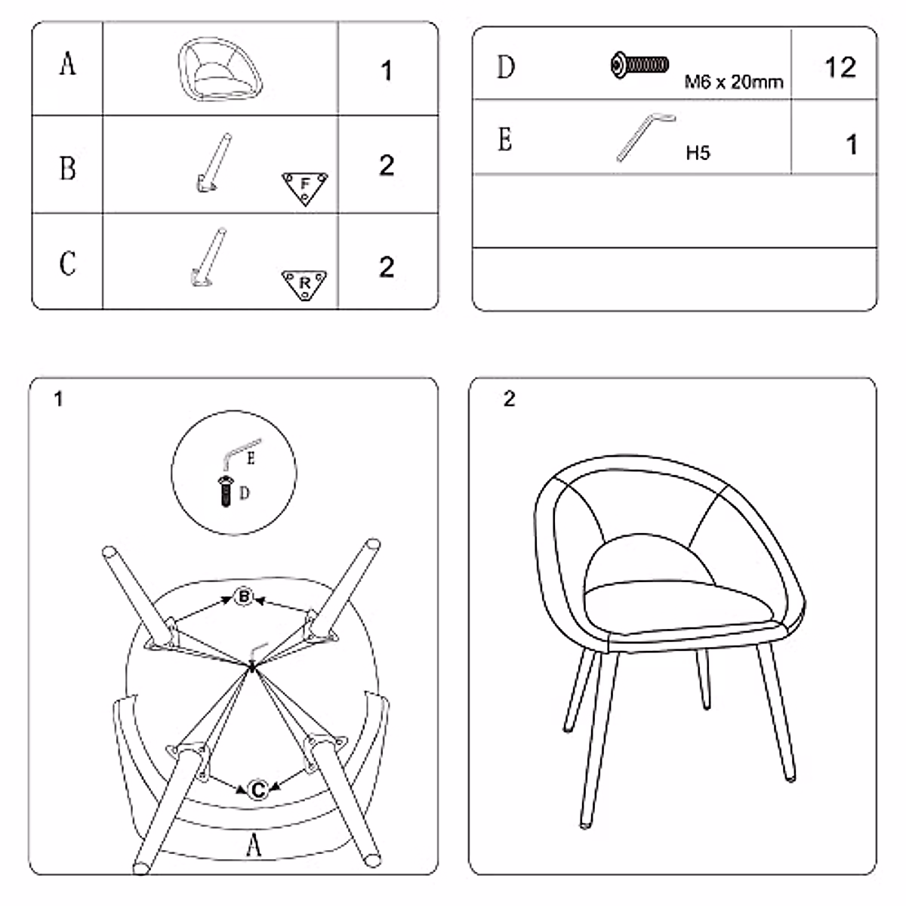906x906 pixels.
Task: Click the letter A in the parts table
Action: point(67,63)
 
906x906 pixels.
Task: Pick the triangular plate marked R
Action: point(305,284)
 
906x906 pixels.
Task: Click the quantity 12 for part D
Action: point(840,68)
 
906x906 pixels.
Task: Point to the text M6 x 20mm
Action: point(733,82)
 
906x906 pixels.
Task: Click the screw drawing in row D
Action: point(639,65)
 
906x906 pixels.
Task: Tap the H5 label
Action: point(698,153)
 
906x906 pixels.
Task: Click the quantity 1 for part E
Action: point(852,144)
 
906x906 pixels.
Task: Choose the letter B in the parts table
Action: point(67,168)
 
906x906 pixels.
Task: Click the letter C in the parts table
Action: point(67,263)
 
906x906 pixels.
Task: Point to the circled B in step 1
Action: point(243,597)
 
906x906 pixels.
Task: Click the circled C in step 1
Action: point(258,790)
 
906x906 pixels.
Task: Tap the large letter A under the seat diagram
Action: point(254,844)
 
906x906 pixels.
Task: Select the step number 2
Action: point(509,399)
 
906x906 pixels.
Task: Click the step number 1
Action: point(59,399)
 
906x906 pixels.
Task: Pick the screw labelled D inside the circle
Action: point(225,492)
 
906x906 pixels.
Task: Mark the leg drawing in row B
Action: point(213,162)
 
